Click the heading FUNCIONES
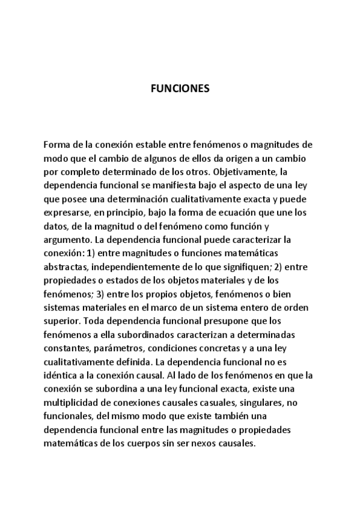[180, 89]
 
